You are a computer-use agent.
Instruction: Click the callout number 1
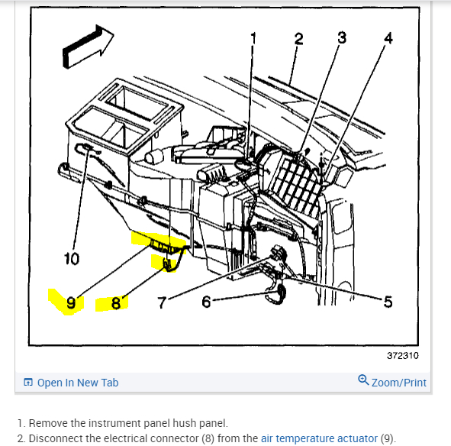[253, 39]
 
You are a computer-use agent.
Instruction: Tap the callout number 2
[298, 39]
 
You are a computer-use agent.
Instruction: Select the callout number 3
[342, 37]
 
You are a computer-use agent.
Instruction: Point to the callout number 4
[388, 38]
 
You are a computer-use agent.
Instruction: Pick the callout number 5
[388, 302]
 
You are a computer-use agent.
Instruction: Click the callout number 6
[206, 302]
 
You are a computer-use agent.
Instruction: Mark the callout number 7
[163, 302]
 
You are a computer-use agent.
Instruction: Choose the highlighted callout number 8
[116, 303]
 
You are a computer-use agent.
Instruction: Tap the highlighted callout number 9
[71, 302]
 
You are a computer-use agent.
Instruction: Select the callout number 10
[71, 258]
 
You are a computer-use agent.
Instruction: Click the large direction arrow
[88, 47]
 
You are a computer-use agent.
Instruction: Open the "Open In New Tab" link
[78, 383]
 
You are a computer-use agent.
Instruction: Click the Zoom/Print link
[398, 383]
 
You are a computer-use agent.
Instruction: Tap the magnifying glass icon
[363, 380]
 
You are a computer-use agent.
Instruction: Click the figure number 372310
[402, 356]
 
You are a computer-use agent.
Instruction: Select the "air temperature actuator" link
[319, 438]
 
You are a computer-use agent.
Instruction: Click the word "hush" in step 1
[185, 423]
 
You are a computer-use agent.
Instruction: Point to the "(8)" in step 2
[208, 438]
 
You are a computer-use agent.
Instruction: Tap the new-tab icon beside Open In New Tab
[28, 382]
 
